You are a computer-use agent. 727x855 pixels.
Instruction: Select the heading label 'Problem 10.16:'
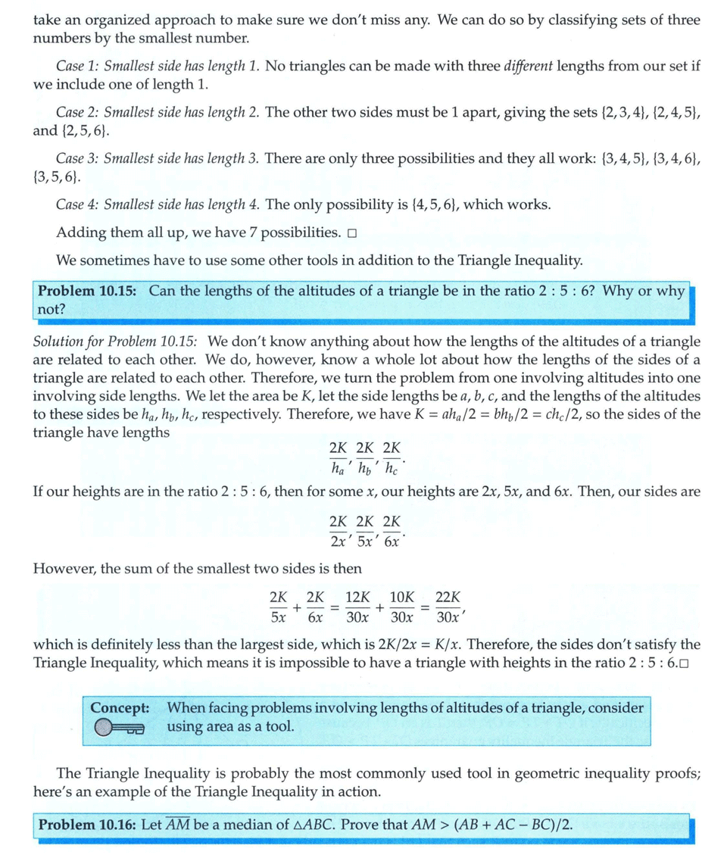tap(87, 825)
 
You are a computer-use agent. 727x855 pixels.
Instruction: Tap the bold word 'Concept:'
tap(120, 708)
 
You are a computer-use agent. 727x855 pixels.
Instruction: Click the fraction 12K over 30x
tap(357, 607)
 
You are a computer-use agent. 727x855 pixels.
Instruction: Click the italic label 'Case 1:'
tap(78, 66)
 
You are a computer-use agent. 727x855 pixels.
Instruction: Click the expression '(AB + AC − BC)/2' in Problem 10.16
tap(512, 825)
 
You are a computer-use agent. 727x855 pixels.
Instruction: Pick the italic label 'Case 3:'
tap(78, 158)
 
